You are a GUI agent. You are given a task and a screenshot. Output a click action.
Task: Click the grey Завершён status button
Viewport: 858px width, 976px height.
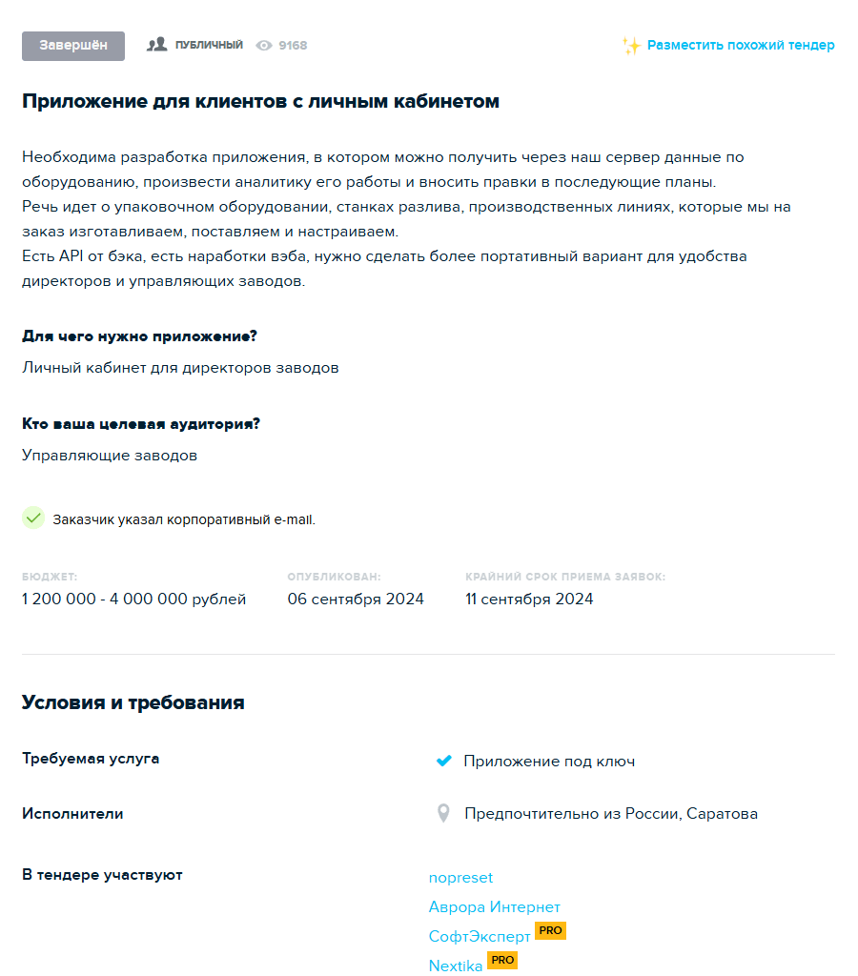[73, 46]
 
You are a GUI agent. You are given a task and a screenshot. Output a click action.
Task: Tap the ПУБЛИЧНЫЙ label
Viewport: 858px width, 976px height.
[209, 45]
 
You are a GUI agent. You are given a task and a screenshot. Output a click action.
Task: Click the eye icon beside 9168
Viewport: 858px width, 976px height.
[264, 45]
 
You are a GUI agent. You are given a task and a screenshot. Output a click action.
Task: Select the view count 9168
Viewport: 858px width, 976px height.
[293, 45]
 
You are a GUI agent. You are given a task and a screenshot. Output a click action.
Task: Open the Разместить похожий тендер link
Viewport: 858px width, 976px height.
[741, 45]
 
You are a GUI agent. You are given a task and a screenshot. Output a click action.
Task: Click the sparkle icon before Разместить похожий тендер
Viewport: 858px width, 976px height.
[630, 46]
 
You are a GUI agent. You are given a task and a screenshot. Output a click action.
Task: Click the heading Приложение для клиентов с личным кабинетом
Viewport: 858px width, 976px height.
[260, 101]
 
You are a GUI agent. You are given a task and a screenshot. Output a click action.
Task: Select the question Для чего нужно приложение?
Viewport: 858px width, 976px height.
[139, 336]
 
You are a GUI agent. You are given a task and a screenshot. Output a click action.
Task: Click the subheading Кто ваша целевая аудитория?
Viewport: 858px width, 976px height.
[141, 424]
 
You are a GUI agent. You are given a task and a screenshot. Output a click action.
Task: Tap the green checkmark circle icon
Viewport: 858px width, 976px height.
[33, 518]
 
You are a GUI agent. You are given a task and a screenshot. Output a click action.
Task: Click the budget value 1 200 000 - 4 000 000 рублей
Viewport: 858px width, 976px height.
[133, 600]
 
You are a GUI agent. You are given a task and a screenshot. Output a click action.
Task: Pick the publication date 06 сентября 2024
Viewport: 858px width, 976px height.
[356, 600]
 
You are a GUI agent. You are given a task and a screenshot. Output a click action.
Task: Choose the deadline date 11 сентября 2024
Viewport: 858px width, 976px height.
[529, 600]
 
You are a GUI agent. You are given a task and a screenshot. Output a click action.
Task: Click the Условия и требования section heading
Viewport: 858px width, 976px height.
[133, 702]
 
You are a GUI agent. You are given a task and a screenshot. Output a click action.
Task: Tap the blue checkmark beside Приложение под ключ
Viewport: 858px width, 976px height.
[443, 761]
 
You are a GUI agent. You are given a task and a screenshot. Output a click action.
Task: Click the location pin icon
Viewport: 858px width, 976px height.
[443, 813]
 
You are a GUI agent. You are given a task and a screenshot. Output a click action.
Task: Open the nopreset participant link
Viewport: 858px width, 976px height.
[460, 877]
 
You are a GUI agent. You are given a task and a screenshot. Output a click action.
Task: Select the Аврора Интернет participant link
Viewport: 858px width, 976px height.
[494, 906]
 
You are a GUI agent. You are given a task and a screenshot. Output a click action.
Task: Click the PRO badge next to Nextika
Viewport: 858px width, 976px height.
[502, 960]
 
